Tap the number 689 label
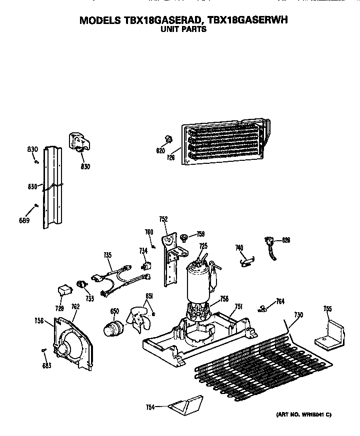coord(24,220)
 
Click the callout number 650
coord(114,312)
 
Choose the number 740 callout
coord(239,247)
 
